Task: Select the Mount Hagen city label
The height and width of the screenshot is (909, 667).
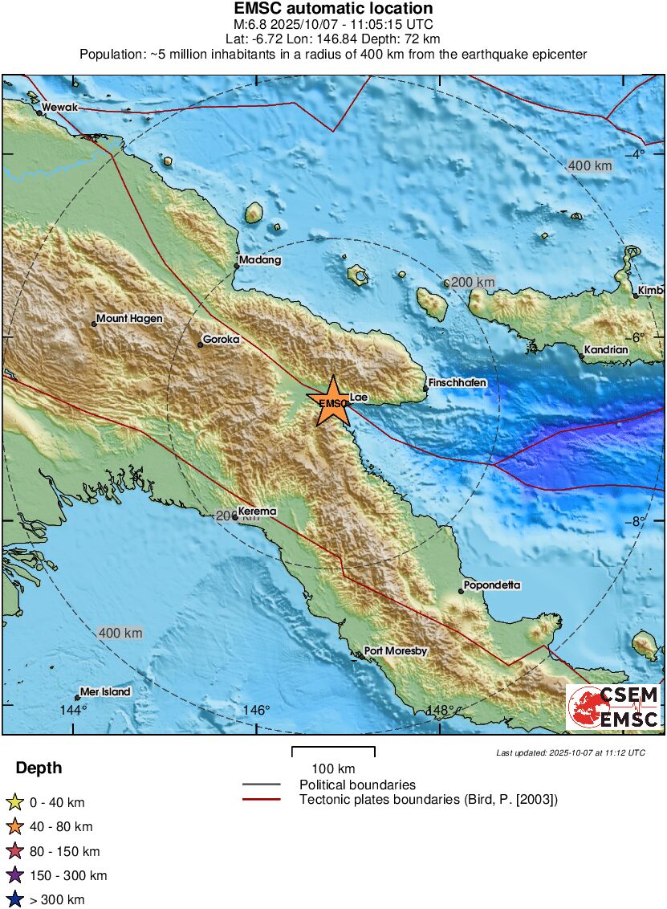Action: (x=129, y=319)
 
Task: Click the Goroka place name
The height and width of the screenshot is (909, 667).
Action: (x=222, y=340)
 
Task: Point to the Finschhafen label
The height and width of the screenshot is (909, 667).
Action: (x=458, y=384)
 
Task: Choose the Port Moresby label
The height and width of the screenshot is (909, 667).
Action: (x=396, y=651)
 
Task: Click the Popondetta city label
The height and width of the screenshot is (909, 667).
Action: (x=493, y=585)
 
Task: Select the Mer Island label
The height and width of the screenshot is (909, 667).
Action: (x=106, y=692)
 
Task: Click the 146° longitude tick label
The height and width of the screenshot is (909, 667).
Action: (x=257, y=711)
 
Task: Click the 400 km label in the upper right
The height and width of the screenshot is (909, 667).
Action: (x=590, y=166)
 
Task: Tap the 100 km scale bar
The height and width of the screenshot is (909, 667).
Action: (x=333, y=750)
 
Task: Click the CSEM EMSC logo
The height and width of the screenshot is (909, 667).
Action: (x=614, y=707)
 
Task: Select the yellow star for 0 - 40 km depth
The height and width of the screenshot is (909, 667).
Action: (x=14, y=802)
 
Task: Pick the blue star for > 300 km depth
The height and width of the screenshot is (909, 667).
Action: (x=14, y=900)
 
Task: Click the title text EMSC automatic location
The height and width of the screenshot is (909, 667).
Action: (x=333, y=9)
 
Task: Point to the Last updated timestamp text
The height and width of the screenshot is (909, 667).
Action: (x=570, y=752)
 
